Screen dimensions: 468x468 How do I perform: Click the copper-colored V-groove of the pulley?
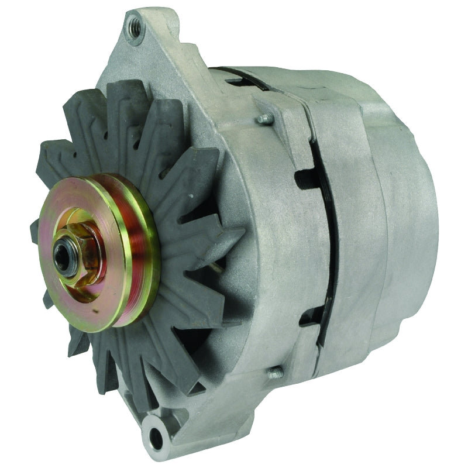click(x=131, y=246)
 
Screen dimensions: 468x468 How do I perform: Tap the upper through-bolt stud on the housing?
click(x=263, y=119)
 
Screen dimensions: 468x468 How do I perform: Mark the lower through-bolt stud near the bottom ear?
click(x=273, y=372)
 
